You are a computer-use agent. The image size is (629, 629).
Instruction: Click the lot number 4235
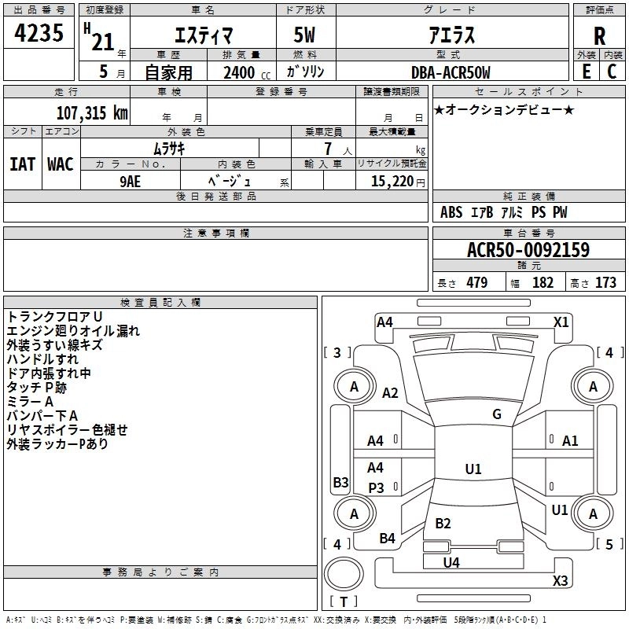tap(39, 33)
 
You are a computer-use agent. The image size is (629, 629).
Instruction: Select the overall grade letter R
tap(599, 36)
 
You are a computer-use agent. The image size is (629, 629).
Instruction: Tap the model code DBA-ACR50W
tap(451, 72)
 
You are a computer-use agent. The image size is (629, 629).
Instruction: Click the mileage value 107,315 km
tap(92, 113)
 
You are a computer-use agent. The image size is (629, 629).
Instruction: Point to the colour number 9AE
tap(130, 182)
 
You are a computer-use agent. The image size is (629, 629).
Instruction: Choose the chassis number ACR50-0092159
tap(528, 249)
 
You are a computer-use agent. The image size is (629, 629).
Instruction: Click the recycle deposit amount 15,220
tap(392, 182)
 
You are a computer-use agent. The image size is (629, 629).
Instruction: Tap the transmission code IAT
tap(22, 164)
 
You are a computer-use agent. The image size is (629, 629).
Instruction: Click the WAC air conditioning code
tap(61, 164)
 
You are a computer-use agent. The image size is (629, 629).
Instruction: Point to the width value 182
tap(543, 282)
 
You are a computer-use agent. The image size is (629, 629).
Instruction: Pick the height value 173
tap(605, 282)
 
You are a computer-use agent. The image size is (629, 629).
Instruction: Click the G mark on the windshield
tap(497, 414)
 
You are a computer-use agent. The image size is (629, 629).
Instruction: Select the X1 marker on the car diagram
tap(561, 322)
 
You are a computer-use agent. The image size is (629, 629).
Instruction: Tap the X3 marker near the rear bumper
tap(560, 580)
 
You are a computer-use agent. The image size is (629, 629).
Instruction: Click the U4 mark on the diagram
tap(451, 563)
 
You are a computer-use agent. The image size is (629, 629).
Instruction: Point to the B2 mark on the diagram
tap(443, 523)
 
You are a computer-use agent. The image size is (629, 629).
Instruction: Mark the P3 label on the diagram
tap(376, 487)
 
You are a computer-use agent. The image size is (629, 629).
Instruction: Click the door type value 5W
tap(304, 35)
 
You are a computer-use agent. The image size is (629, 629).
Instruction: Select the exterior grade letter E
tap(586, 72)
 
